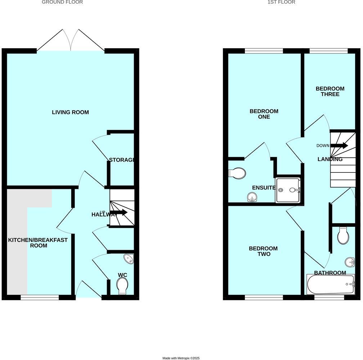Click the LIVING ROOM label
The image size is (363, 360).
pyautogui.click(x=70, y=112)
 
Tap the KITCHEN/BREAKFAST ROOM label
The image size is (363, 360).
pyautogui.click(x=38, y=243)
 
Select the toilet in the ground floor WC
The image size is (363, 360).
pyautogui.click(x=122, y=287)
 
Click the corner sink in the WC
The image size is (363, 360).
pyautogui.click(x=129, y=258)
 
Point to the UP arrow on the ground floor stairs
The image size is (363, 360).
pyautogui.click(x=118, y=213)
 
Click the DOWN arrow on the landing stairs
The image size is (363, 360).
pyautogui.click(x=339, y=146)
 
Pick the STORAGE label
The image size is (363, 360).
pyautogui.click(x=122, y=160)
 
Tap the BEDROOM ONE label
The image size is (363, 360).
pyautogui.click(x=264, y=114)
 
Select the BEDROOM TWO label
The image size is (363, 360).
pyautogui.click(x=263, y=251)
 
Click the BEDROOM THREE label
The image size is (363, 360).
pyautogui.click(x=330, y=91)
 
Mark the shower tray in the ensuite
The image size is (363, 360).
pyautogui.click(x=288, y=190)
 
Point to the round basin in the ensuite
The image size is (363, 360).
pyautogui.click(x=252, y=197)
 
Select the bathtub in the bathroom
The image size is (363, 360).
pyautogui.click(x=331, y=284)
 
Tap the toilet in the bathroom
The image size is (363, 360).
pyautogui.click(x=343, y=237)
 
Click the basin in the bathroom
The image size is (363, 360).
pyautogui.click(x=349, y=261)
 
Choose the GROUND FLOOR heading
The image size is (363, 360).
pyautogui.click(x=62, y=2)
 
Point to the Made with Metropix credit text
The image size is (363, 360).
pyautogui.click(x=181, y=358)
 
